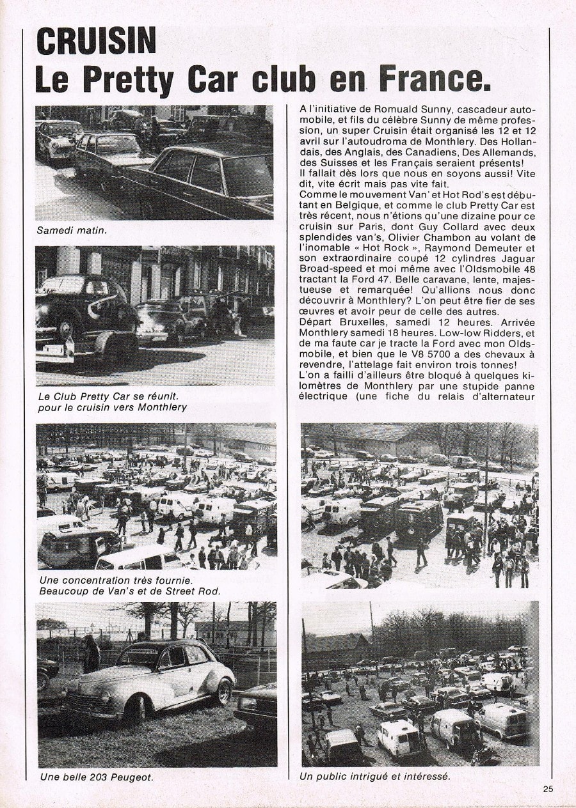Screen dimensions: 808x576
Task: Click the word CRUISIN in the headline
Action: click(x=97, y=40)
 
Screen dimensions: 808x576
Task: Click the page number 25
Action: click(x=548, y=789)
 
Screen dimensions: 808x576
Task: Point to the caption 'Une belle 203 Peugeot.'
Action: click(x=97, y=777)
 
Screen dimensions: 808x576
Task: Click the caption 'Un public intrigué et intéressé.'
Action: click(x=374, y=777)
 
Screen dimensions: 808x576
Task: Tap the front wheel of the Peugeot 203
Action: click(x=136, y=708)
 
